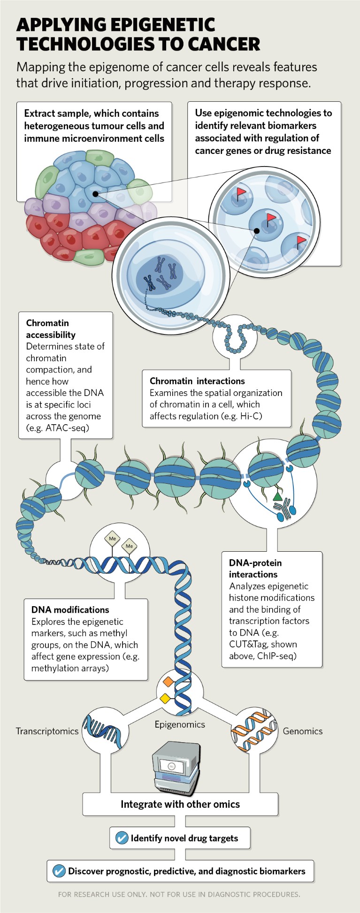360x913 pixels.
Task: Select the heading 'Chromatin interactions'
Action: click(197, 381)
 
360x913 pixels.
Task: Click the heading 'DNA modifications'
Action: click(70, 609)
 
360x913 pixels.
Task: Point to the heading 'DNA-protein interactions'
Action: click(255, 568)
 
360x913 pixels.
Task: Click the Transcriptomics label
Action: click(47, 731)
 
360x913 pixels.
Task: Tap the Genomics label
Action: click(302, 731)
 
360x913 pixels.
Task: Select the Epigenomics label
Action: click(180, 724)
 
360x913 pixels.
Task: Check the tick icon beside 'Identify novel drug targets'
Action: click(122, 838)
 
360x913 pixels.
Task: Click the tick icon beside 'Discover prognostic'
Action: click(59, 871)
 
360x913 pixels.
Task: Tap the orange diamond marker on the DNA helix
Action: click(168, 682)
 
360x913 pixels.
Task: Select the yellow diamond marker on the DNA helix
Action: click(165, 699)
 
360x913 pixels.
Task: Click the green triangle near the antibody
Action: click(277, 495)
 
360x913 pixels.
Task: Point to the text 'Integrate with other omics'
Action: click(180, 804)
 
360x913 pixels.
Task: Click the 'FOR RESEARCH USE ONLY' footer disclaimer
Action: click(179, 894)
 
